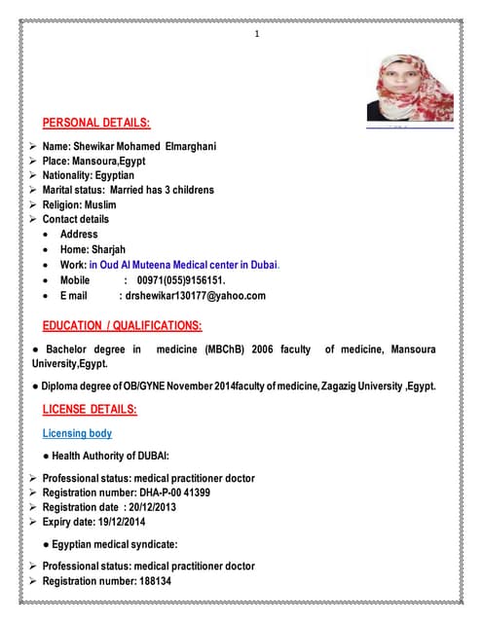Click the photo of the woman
click(x=409, y=89)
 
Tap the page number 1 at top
click(x=257, y=36)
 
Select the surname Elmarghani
click(x=183, y=146)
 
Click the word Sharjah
click(x=115, y=249)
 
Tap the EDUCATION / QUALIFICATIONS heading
click(x=123, y=325)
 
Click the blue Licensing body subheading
click(x=77, y=433)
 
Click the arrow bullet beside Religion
click(x=34, y=204)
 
